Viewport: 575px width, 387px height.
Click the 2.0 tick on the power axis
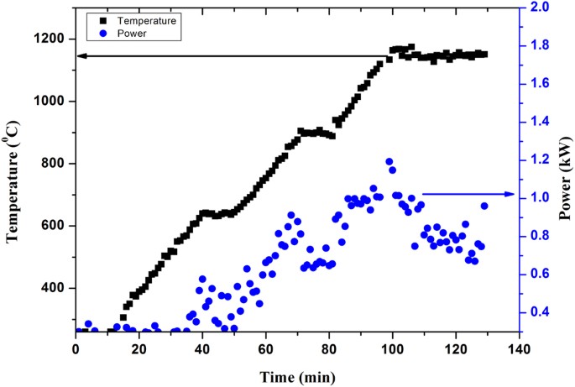pos(526,8)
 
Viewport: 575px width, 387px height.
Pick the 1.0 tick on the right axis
pos(526,198)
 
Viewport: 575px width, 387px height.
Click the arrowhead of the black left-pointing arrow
pos(80,56)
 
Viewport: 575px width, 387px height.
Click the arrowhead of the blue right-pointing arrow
pos(511,194)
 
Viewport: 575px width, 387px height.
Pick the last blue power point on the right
pos(484,206)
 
